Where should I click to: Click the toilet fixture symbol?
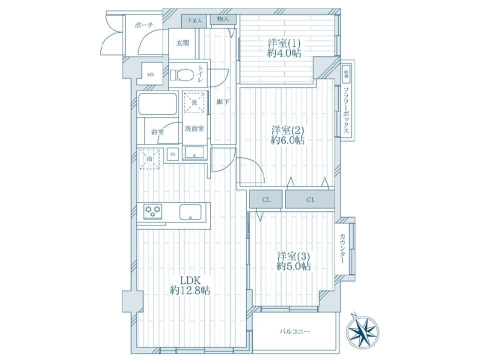click(x=182, y=74)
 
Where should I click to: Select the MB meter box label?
click(x=150, y=74)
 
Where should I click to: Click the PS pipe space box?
click(x=173, y=154)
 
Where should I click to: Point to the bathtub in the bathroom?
click(x=157, y=104)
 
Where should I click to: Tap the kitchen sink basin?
click(x=190, y=212)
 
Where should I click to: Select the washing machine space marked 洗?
click(x=194, y=102)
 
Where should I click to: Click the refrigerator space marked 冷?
click(x=149, y=159)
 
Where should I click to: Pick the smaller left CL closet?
click(x=266, y=200)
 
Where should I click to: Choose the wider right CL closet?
click(x=310, y=200)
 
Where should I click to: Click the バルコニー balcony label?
click(x=294, y=331)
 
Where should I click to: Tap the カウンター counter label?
click(x=342, y=248)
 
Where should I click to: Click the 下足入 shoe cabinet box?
click(x=194, y=21)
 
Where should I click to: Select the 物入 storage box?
click(x=223, y=19)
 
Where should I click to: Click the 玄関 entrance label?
click(x=182, y=43)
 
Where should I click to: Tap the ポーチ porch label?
click(x=143, y=25)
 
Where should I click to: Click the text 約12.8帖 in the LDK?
click(x=190, y=290)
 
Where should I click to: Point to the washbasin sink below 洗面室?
click(x=194, y=152)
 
